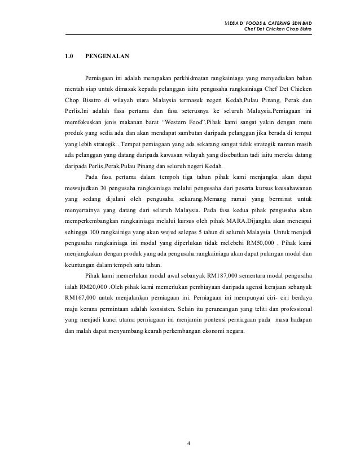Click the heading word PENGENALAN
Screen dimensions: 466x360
point(107,56)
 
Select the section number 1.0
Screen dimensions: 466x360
point(70,56)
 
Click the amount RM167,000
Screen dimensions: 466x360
point(82,297)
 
